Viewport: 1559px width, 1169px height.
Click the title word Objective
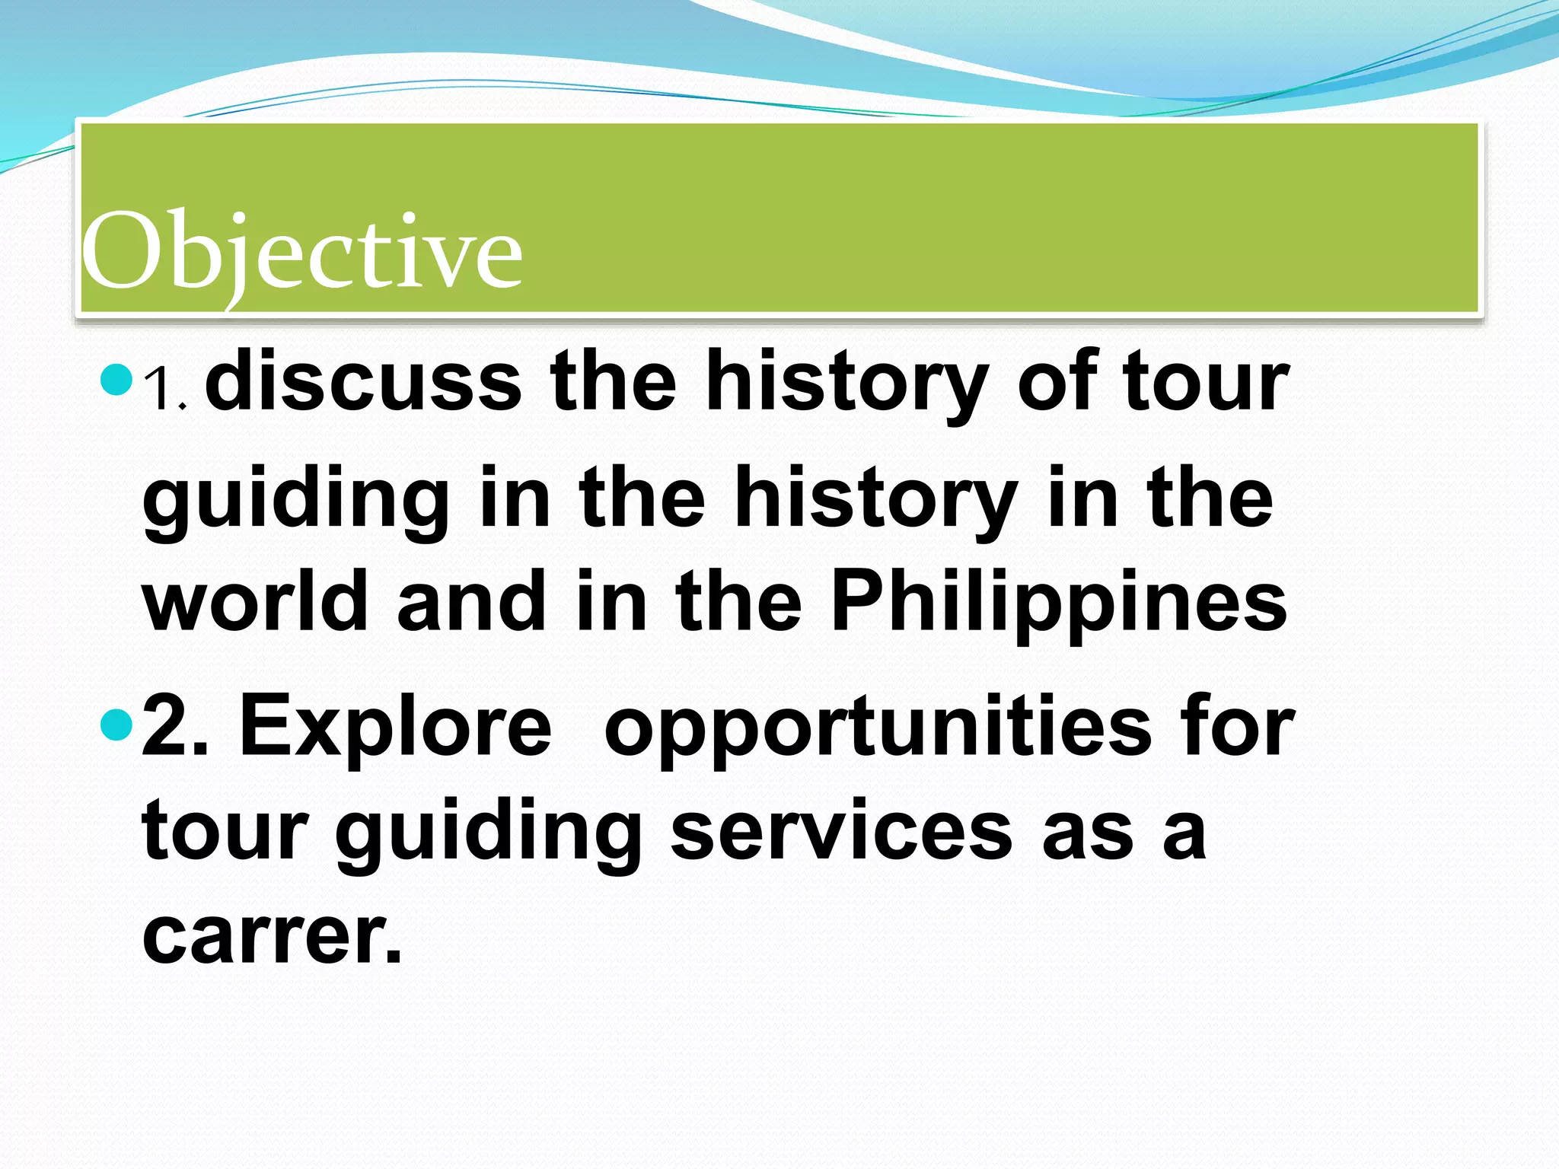click(x=302, y=251)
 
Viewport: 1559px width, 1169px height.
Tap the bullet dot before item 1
click(x=116, y=380)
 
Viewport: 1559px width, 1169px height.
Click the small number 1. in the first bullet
click(x=165, y=390)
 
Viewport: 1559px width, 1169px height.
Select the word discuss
click(x=363, y=381)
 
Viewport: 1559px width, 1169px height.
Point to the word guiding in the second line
click(x=296, y=500)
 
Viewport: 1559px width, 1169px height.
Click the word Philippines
click(x=1058, y=603)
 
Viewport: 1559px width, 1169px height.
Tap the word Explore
click(x=395, y=728)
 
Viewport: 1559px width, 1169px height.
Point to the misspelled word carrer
click(x=272, y=935)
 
